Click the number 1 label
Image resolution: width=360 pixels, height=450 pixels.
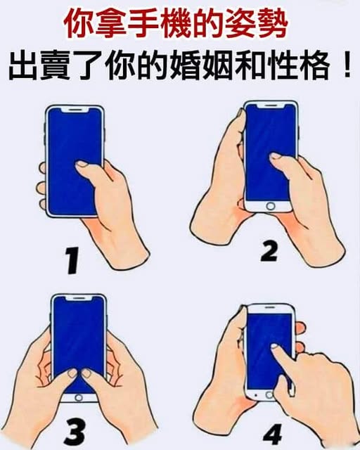tap(72, 260)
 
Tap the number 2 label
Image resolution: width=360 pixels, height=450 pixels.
tap(270, 252)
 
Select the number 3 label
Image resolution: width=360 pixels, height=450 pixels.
tap(75, 432)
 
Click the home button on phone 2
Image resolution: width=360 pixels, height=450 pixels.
tap(271, 206)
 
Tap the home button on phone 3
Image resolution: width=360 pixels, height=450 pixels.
tap(78, 398)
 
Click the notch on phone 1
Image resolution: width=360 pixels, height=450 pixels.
tap(75, 110)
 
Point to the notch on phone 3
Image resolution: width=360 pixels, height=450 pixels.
tap(79, 298)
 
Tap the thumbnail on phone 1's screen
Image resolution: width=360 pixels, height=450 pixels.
tap(82, 164)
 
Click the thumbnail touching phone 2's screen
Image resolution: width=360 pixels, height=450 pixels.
tap(276, 156)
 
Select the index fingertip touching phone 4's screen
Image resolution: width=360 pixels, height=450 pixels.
tap(276, 347)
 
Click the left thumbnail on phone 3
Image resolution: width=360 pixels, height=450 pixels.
tap(72, 373)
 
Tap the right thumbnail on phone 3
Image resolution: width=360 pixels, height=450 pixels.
tap(86, 373)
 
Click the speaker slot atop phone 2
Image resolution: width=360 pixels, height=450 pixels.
tap(270, 105)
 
